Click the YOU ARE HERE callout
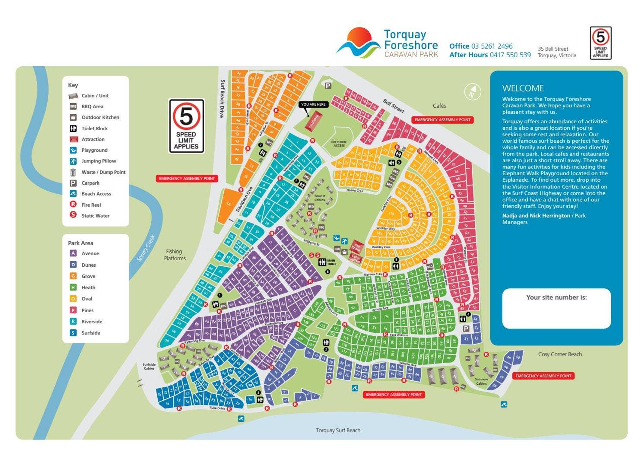(x=313, y=105)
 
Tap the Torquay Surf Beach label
(x=338, y=430)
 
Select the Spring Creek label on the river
(x=146, y=248)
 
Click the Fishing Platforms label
(x=174, y=255)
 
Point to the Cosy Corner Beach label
(x=560, y=354)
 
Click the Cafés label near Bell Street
(x=439, y=106)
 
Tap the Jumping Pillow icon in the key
(x=73, y=161)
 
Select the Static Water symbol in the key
(x=73, y=215)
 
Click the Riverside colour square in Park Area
(x=73, y=321)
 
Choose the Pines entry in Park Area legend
(x=87, y=310)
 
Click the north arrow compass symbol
(x=473, y=91)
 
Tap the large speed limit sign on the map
(x=186, y=126)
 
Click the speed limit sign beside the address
(x=600, y=43)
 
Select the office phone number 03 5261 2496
(x=492, y=46)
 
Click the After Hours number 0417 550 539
(x=510, y=55)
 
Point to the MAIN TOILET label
(x=331, y=262)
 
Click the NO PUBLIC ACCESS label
(x=339, y=144)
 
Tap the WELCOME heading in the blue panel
(x=522, y=88)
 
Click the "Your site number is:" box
(x=556, y=308)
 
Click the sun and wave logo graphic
(x=358, y=43)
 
